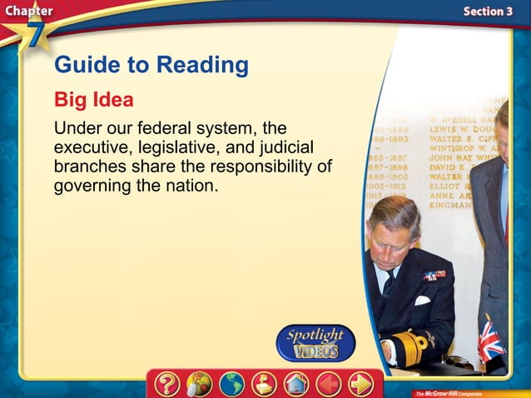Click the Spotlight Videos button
315,342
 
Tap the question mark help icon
167,384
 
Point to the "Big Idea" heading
94,100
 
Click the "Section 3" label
488,11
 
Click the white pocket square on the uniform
422,300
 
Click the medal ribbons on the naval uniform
434,275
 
